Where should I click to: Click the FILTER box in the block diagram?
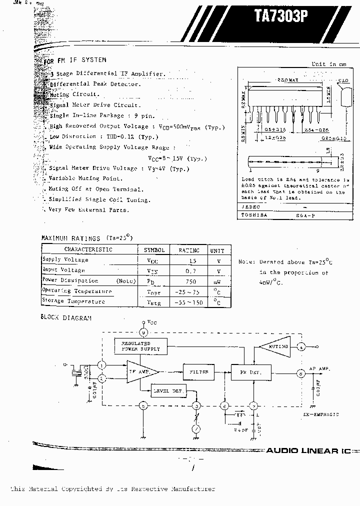click(x=199, y=372)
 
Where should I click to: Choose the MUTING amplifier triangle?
click(x=274, y=346)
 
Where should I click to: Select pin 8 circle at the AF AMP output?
click(x=301, y=372)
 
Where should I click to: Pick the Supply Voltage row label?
click(x=65, y=259)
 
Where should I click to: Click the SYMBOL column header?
click(x=154, y=249)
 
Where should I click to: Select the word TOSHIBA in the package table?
click(x=255, y=215)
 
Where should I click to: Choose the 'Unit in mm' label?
click(x=328, y=64)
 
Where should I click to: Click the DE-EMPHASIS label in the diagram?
click(x=320, y=414)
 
